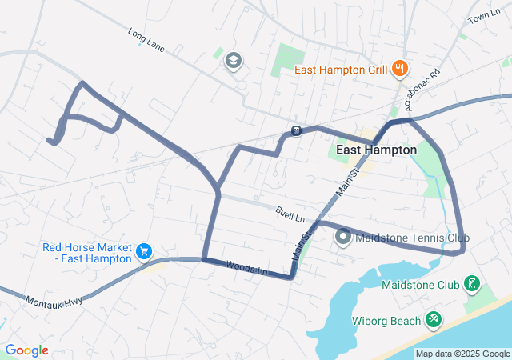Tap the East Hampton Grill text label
click(342, 70)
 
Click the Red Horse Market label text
click(86, 252)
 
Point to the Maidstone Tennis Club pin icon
click(343, 238)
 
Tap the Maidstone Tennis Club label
click(412, 238)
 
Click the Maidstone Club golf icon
click(472, 283)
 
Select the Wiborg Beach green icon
click(434, 319)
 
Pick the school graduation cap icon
click(234, 61)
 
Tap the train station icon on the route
click(296, 130)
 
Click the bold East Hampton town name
click(376, 150)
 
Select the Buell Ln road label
click(290, 214)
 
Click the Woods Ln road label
click(246, 268)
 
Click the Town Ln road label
click(484, 18)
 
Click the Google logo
click(26, 350)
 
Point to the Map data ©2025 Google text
click(462, 354)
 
